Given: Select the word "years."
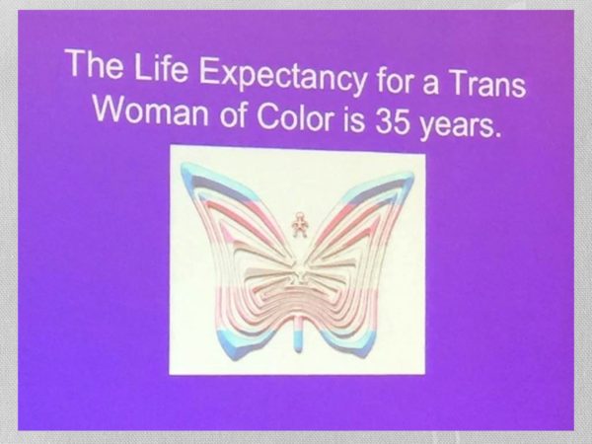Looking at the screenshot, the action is pos(461,125).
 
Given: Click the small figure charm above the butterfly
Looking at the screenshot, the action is pos(300,225).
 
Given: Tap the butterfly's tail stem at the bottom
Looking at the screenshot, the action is pos(299,333).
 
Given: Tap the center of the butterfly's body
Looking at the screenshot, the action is pos(299,272).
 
